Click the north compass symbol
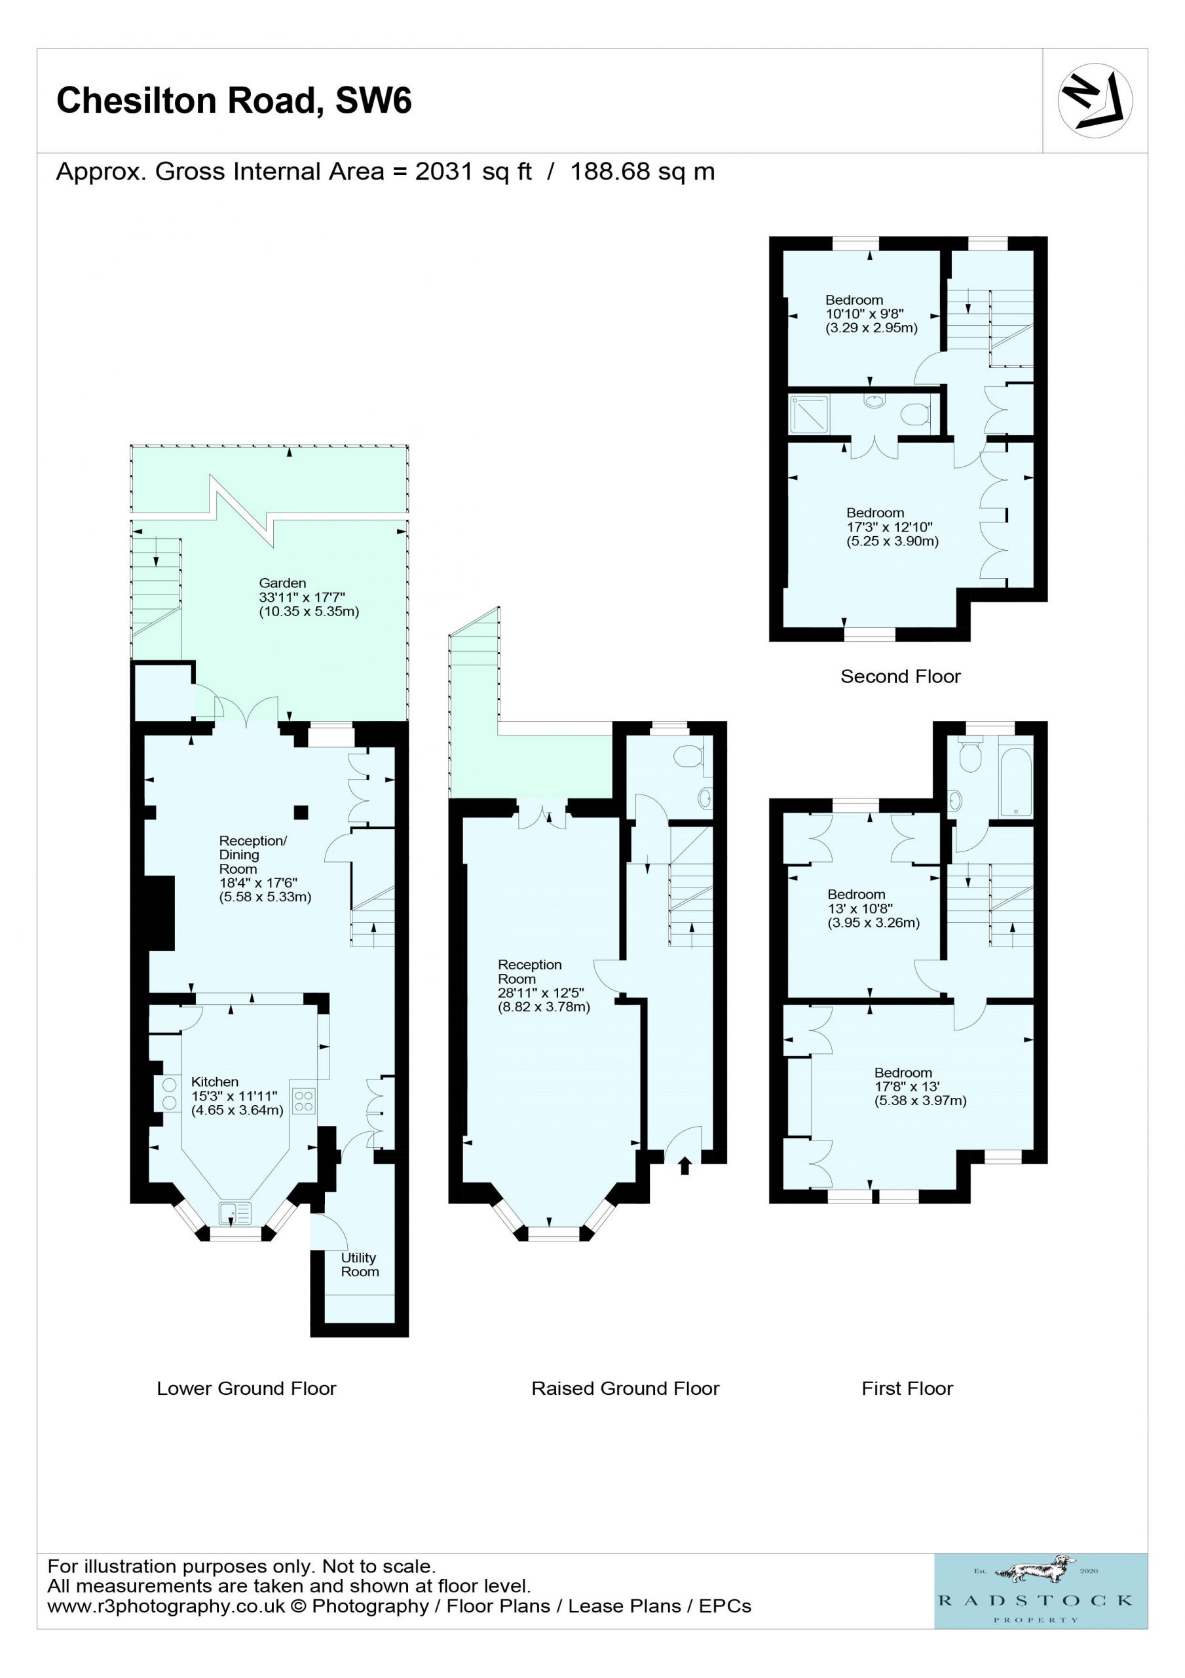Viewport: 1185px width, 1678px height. (1095, 101)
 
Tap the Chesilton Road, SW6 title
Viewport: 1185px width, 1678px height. (234, 101)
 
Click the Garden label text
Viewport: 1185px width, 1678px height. (282, 583)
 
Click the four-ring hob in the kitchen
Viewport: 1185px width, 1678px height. (303, 1101)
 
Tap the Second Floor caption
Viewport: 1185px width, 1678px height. (900, 676)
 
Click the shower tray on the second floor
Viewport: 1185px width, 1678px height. (809, 414)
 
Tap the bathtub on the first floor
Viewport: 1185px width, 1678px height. (1015, 780)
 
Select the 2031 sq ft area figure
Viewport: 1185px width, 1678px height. (474, 172)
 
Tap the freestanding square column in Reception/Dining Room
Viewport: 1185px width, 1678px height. (301, 812)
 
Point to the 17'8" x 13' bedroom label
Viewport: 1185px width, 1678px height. (907, 1086)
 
